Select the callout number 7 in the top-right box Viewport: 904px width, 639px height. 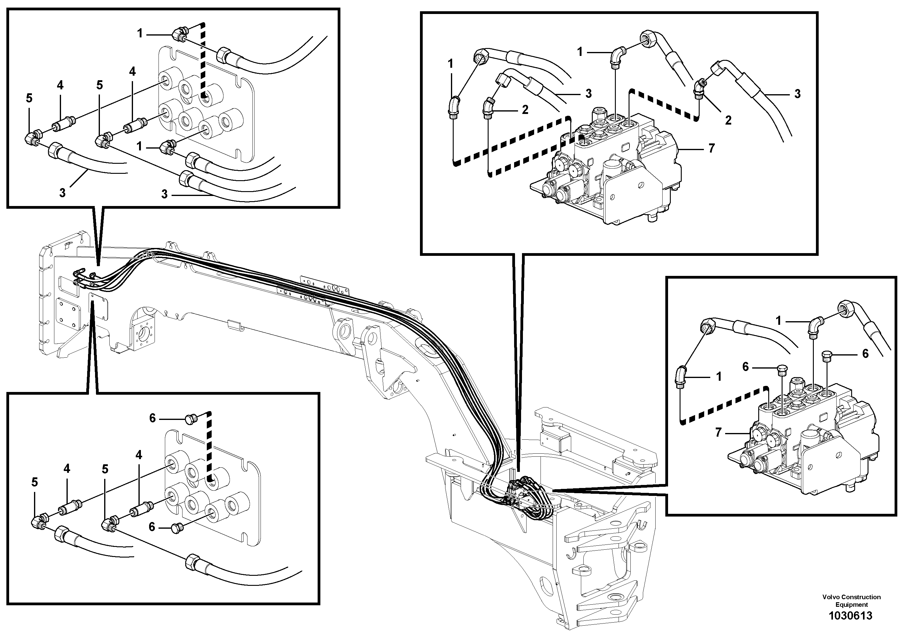coord(711,149)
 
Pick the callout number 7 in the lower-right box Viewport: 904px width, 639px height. coord(718,433)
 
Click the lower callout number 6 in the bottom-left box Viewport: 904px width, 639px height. coord(152,527)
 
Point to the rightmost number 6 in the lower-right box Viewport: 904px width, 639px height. coord(865,353)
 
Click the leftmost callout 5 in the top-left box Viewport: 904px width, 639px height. coord(29,98)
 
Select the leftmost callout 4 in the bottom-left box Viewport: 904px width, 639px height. coord(67,469)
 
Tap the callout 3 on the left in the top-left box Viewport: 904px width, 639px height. coord(62,193)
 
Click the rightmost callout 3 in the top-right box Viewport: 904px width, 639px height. coord(797,94)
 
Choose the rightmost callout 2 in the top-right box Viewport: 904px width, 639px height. coord(728,120)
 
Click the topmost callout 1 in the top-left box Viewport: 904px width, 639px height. coord(140,33)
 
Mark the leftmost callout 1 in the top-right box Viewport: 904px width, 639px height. coord(450,64)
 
